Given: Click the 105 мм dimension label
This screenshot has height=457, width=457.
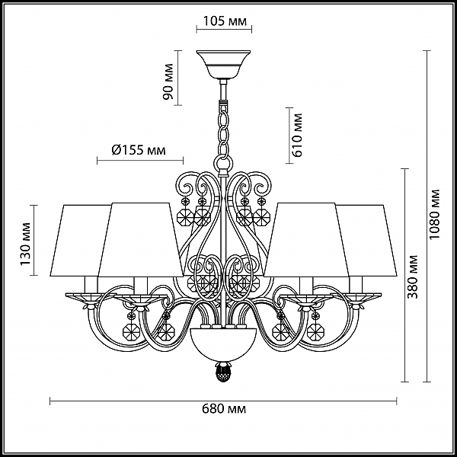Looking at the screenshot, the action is (x=225, y=21).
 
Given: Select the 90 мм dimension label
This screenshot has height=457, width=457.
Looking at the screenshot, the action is (x=168, y=81).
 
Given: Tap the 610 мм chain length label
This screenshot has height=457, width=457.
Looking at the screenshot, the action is (x=297, y=136).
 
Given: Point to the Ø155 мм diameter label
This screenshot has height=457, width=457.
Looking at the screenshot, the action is (x=139, y=150).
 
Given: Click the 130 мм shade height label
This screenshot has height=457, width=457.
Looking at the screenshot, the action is (x=25, y=244).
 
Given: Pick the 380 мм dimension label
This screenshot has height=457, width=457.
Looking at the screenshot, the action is (x=412, y=277).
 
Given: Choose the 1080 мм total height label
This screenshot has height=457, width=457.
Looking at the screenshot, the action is (x=435, y=214).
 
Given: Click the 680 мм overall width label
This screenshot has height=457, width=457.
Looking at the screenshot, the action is (x=224, y=408).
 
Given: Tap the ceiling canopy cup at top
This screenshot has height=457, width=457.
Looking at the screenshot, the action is (x=223, y=65).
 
